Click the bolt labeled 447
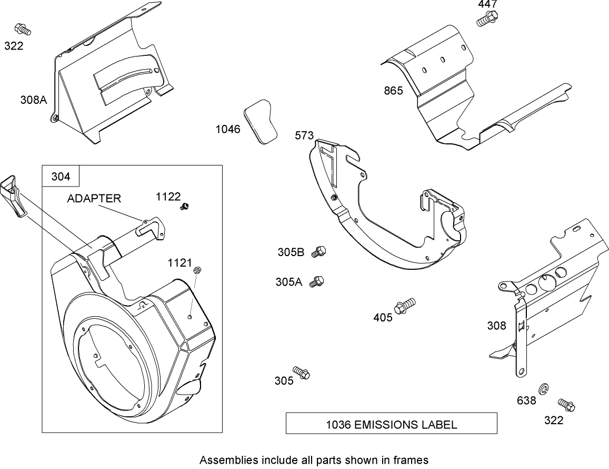tap(486, 19)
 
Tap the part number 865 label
tap(393, 91)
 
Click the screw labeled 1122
tap(185, 207)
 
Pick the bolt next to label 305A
tap(317, 281)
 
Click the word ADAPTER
tap(94, 198)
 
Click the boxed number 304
tap(60, 177)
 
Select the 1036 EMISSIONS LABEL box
tap(391, 424)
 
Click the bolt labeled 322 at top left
tap(23, 29)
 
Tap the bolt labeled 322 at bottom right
tap(566, 405)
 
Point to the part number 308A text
tap(34, 99)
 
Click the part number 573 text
tap(304, 136)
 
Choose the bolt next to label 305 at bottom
tap(302, 373)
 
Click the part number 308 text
tap(496, 325)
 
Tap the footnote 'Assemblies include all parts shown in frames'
tap(314, 460)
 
